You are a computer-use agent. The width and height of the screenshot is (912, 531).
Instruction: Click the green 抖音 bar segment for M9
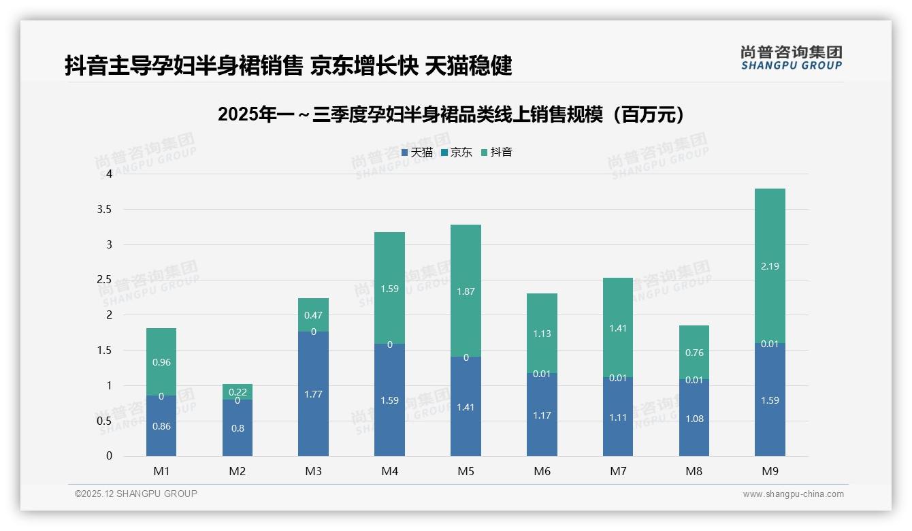(x=770, y=265)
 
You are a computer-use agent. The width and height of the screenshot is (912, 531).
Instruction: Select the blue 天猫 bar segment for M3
(x=313, y=393)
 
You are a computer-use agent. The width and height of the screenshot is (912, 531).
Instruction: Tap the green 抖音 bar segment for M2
(x=238, y=391)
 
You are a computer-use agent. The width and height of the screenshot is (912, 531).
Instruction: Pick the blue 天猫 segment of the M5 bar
(x=466, y=406)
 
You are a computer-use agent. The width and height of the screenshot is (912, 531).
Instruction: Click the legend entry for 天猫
(x=417, y=152)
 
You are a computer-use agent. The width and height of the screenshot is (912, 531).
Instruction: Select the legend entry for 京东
(x=456, y=152)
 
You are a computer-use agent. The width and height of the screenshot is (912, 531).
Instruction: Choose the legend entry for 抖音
(x=496, y=152)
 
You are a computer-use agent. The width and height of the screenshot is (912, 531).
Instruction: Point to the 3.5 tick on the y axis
(x=103, y=209)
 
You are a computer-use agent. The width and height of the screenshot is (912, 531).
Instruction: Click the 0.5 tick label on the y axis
(x=103, y=421)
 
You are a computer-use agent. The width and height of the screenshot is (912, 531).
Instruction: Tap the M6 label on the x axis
(x=542, y=471)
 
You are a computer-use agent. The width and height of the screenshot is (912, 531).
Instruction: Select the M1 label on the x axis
(x=161, y=471)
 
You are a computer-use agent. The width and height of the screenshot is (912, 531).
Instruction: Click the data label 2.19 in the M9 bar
(x=770, y=266)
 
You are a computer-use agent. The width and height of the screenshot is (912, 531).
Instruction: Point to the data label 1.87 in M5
(x=466, y=291)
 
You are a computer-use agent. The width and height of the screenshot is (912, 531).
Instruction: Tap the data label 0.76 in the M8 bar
(x=694, y=353)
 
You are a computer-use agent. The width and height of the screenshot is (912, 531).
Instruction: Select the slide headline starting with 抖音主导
(x=288, y=66)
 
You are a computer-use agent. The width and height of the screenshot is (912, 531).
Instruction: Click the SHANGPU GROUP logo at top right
(x=791, y=58)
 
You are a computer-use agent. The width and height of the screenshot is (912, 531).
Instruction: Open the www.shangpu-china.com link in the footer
(x=793, y=494)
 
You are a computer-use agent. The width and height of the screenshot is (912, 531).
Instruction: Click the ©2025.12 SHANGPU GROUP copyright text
(x=136, y=494)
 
